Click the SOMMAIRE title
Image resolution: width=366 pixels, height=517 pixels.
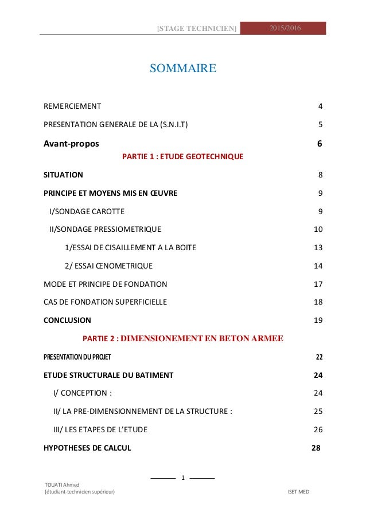tap(182, 69)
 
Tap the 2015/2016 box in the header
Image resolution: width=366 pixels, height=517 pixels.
tap(283, 28)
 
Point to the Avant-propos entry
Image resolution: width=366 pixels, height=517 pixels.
tap(74, 143)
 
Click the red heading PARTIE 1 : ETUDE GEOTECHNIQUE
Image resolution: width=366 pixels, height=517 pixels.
tap(183, 156)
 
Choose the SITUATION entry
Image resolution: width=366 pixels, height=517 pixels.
tap(63, 174)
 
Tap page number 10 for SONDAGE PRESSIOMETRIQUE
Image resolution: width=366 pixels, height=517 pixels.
tap(318, 230)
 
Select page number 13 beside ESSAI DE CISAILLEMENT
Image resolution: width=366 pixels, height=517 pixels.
tap(318, 247)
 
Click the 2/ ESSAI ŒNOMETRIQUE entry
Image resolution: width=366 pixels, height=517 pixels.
tap(108, 266)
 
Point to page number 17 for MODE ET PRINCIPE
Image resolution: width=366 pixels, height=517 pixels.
tap(318, 283)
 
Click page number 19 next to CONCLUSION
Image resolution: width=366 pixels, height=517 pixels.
tap(318, 320)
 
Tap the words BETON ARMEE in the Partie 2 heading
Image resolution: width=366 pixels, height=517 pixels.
tap(248, 338)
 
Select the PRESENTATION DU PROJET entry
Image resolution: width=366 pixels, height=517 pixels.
tap(77, 357)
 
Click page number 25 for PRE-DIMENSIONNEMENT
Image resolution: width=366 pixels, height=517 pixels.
tap(318, 411)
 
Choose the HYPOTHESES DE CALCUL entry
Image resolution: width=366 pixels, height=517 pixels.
tap(87, 448)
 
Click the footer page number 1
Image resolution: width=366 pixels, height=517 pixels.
tap(182, 477)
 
